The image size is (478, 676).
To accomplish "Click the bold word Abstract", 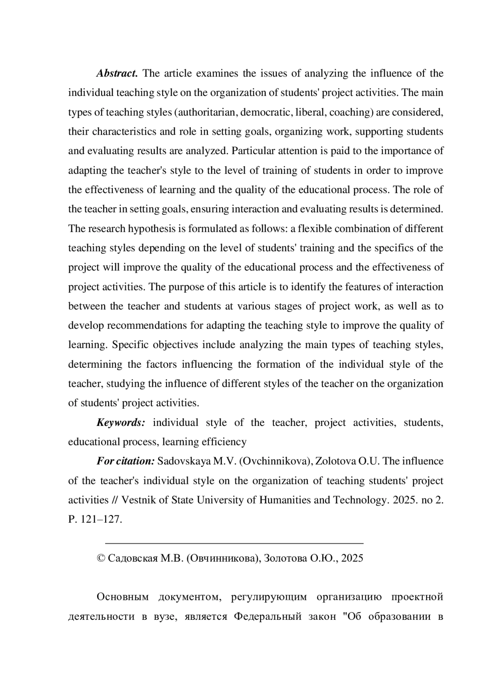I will click(117, 73).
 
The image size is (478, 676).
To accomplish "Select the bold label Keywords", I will click(121, 422).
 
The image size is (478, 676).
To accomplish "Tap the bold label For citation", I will click(125, 461).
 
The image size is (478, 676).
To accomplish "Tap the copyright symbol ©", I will click(101, 558).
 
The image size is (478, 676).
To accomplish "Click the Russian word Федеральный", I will click(267, 617).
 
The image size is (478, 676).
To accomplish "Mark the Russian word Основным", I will click(122, 597).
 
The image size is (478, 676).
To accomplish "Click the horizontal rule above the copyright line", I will click(234, 543).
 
